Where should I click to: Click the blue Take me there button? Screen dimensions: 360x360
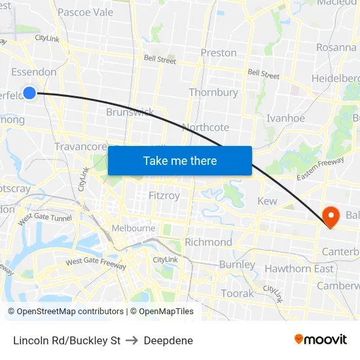(x=180, y=160)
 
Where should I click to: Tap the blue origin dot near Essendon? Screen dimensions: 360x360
(x=29, y=93)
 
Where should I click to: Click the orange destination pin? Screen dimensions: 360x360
(x=331, y=217)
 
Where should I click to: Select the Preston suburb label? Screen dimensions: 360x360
(x=219, y=52)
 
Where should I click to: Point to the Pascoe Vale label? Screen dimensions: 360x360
(x=85, y=12)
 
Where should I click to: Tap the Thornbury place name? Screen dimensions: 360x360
(x=213, y=92)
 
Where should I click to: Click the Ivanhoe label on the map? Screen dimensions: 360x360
(x=285, y=118)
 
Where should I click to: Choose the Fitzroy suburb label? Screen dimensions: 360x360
(x=164, y=196)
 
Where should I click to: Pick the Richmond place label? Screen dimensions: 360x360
(x=208, y=242)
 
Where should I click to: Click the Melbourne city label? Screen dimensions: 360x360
(x=134, y=228)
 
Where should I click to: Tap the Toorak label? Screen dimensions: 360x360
(x=237, y=293)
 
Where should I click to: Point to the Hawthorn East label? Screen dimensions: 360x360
(x=298, y=268)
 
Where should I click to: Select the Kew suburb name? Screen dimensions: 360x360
(x=267, y=201)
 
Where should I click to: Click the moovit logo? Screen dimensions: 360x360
(x=320, y=339)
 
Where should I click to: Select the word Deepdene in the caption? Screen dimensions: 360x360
(x=168, y=340)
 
